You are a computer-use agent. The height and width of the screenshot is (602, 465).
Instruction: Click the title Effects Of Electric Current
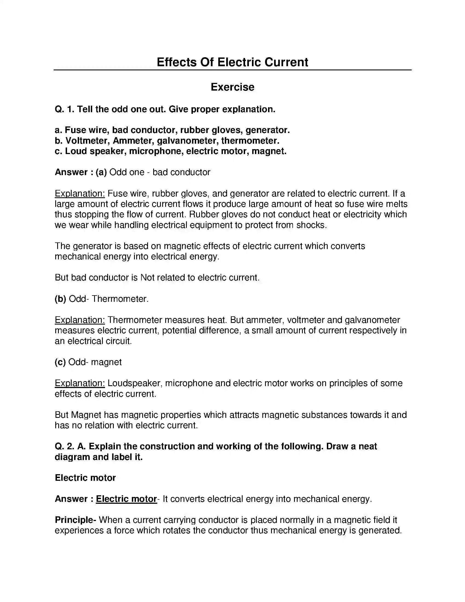tap(232, 62)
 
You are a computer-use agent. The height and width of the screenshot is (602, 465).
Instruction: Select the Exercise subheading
tap(232, 87)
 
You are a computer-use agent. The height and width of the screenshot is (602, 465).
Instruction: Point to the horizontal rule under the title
tap(232, 70)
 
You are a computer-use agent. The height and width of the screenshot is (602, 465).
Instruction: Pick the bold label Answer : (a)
tap(81, 172)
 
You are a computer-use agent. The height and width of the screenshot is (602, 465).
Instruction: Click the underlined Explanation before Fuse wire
tap(80, 193)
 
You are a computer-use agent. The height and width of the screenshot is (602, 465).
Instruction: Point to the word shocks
tap(311, 225)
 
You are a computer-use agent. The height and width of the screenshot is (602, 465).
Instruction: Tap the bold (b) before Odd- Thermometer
tap(60, 299)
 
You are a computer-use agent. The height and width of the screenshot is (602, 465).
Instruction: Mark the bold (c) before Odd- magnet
tap(60, 362)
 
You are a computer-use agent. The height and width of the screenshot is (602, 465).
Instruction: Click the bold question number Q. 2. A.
tap(70, 446)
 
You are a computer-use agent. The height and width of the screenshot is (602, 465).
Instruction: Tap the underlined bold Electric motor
tap(126, 499)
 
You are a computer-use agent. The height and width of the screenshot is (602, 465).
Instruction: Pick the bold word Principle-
tap(75, 520)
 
